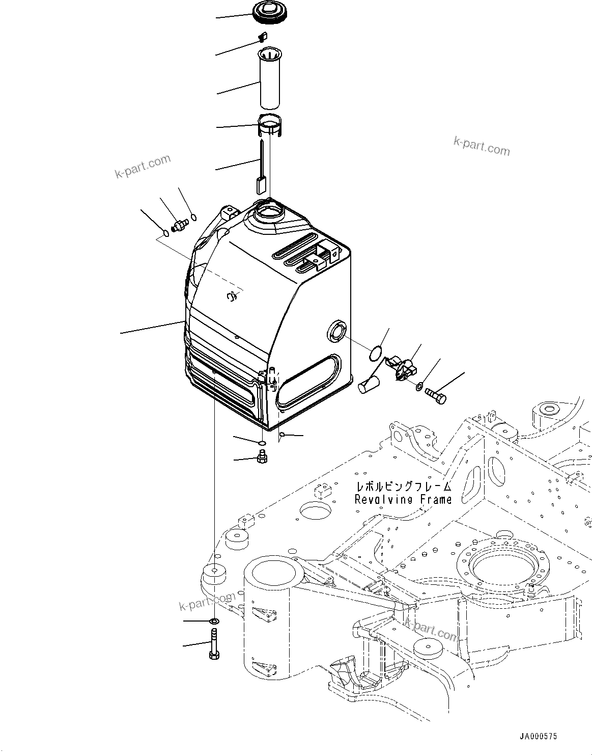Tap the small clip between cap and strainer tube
(x=263, y=36)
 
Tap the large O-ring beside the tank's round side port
(x=376, y=352)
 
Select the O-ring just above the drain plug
(x=261, y=443)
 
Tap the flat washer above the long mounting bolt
(x=214, y=622)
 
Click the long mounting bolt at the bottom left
(x=214, y=643)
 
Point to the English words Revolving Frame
(x=403, y=499)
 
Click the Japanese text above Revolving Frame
(x=403, y=487)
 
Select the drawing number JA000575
(x=538, y=737)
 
